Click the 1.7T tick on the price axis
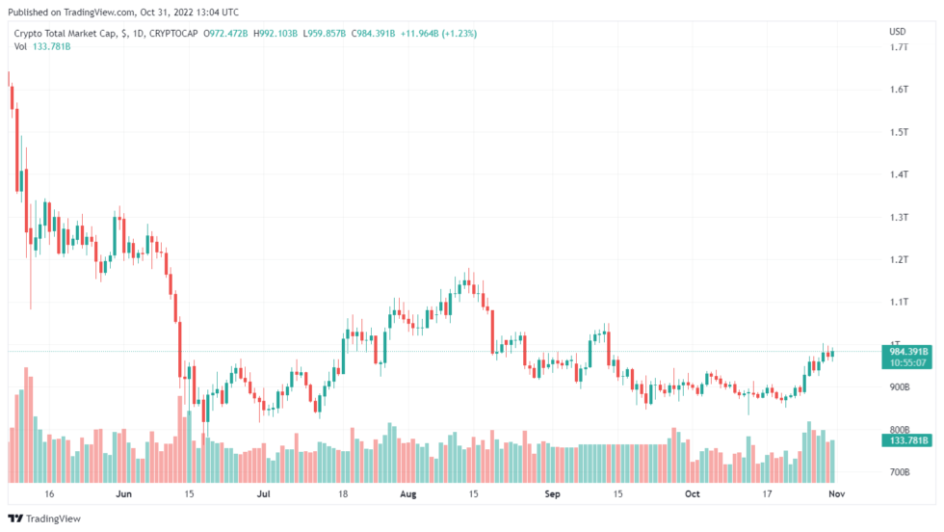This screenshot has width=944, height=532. [x=898, y=47]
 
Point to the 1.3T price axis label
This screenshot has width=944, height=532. [x=898, y=217]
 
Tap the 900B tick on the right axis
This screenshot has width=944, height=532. [x=899, y=387]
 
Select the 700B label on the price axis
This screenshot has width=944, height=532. [x=899, y=472]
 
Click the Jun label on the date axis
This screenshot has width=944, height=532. [x=123, y=493]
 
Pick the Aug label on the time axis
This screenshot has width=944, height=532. [x=408, y=493]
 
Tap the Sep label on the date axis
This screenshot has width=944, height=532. [x=553, y=493]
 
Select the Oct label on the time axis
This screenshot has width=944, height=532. [x=693, y=493]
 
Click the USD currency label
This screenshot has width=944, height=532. [x=897, y=32]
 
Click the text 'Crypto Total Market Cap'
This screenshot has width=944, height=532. [x=66, y=34]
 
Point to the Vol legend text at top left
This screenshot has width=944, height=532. [x=20, y=46]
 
